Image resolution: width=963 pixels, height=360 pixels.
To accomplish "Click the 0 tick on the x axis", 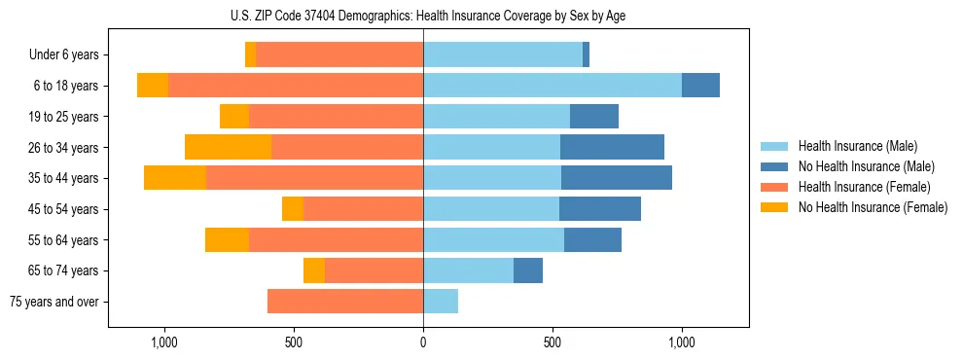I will click(423, 342).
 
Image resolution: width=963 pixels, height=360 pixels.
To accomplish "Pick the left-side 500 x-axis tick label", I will click(294, 342).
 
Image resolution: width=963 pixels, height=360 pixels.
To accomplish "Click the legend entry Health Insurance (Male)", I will click(858, 146).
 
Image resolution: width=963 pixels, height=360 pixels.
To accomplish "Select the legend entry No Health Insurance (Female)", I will click(873, 207).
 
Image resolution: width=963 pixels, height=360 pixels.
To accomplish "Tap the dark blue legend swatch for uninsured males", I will click(774, 166).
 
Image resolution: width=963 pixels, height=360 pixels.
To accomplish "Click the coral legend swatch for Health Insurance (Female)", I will click(774, 187).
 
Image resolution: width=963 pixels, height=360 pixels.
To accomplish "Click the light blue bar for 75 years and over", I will click(441, 302).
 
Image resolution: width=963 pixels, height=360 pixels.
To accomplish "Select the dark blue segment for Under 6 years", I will click(586, 55).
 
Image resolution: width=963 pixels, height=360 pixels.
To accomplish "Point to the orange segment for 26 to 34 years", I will click(228, 148).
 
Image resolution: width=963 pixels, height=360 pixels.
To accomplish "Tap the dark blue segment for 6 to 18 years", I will click(700, 86).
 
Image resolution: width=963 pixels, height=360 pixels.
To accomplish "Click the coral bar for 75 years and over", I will click(345, 302).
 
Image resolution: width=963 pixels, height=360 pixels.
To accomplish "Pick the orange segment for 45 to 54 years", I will click(293, 209).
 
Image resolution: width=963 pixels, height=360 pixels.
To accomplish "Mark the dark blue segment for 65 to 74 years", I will click(528, 270).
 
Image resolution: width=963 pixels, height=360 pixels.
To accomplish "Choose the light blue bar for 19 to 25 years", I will click(496, 117).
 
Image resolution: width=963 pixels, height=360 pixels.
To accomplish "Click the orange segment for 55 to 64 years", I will click(227, 240).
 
